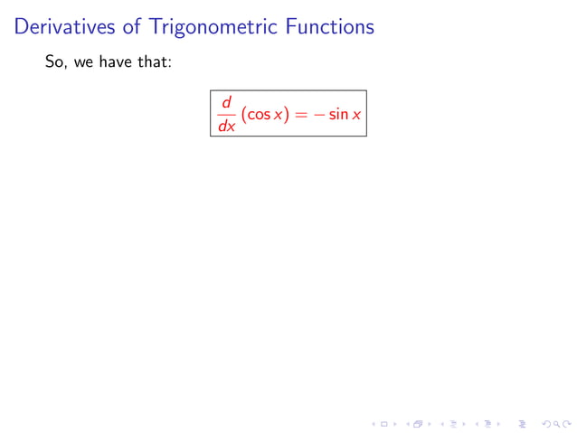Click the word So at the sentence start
click(54, 65)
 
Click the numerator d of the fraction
click(227, 103)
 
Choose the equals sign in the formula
click(297, 116)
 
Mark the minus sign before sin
click(317, 116)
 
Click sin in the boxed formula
click(337, 116)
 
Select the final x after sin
click(356, 117)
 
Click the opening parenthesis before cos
click(243, 116)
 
